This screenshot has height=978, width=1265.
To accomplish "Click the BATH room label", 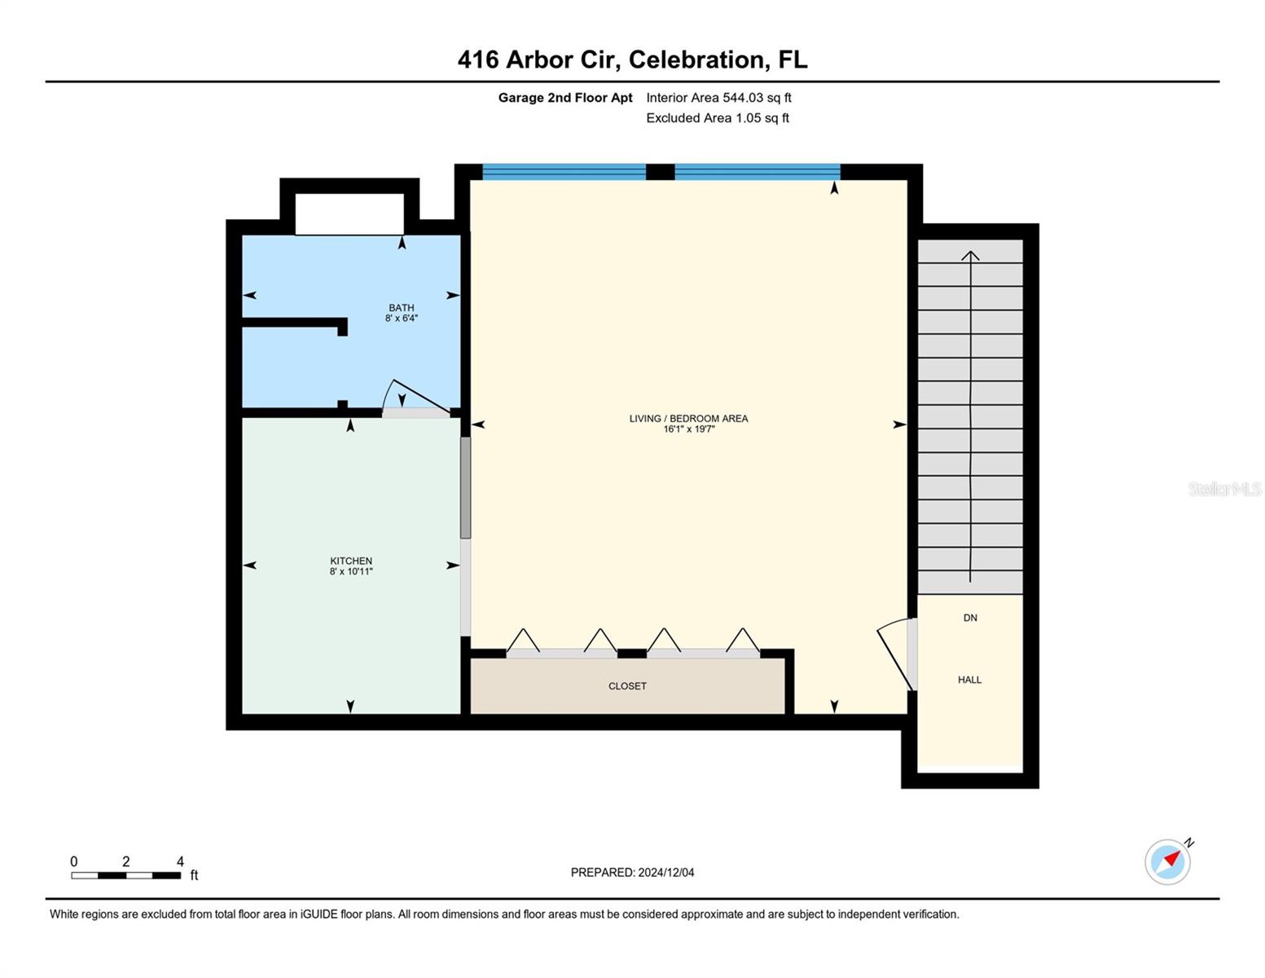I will (401, 308).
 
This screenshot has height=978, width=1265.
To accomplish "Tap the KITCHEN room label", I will (351, 561).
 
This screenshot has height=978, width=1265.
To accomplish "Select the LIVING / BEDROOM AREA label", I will (688, 418).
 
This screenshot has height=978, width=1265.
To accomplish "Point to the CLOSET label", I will (627, 686).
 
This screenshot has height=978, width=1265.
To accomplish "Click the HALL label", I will (969, 680).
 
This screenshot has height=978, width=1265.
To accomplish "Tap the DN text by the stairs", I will (970, 618).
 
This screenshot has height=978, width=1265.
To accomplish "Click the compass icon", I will (1168, 861).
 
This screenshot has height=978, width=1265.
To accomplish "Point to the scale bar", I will (125, 875).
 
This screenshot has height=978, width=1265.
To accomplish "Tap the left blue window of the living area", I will (564, 172).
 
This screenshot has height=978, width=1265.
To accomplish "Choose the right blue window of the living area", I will (757, 172).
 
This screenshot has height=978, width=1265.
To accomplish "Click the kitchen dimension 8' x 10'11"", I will (351, 572).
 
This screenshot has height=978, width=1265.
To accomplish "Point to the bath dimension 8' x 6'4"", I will (401, 319).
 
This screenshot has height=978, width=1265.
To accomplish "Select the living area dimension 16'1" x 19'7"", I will (688, 430).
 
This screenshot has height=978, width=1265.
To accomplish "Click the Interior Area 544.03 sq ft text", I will (718, 98).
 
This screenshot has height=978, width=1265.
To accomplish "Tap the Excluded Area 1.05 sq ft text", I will (718, 118).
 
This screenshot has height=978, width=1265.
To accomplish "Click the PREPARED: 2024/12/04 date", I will (632, 873).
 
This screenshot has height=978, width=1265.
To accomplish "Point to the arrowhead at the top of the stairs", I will (970, 256).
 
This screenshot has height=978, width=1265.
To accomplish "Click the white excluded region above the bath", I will (349, 214).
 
